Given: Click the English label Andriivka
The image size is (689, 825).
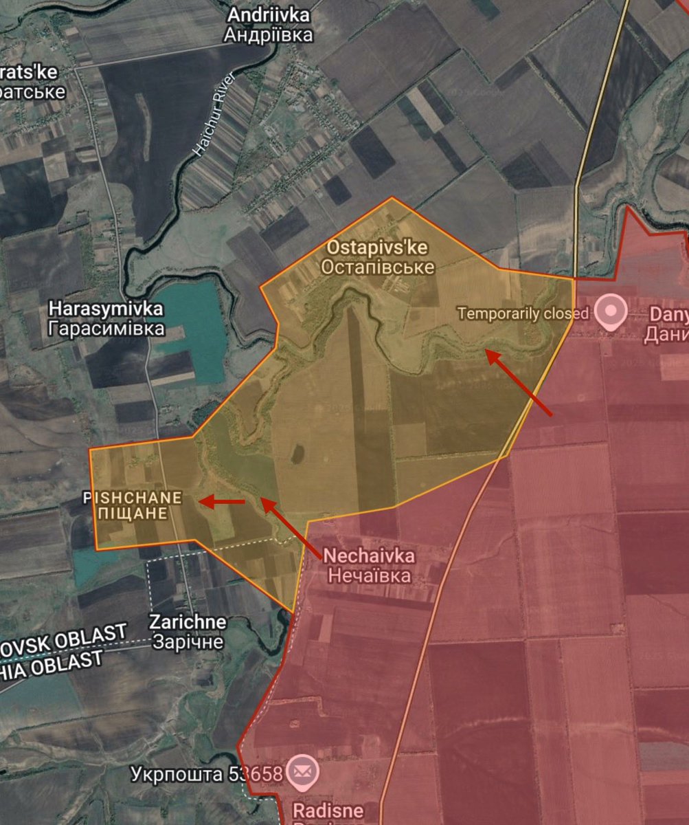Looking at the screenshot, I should (x=269, y=15).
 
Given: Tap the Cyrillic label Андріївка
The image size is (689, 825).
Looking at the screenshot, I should (x=269, y=35).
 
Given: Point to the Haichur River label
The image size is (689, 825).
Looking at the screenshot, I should (x=215, y=114).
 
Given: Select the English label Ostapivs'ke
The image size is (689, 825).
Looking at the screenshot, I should (x=379, y=247).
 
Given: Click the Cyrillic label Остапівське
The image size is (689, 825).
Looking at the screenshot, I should (x=380, y=267).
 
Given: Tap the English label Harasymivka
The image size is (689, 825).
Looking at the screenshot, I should (x=106, y=309).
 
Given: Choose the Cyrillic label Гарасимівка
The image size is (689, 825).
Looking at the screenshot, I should (x=106, y=329).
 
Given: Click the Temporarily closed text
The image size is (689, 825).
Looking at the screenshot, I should (x=523, y=313).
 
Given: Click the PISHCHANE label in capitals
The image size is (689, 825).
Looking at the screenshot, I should (x=133, y=497).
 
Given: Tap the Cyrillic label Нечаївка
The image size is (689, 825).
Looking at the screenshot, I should (x=369, y=575).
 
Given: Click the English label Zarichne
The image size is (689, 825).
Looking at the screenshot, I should (x=188, y=623).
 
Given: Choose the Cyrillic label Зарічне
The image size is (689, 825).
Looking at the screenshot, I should (x=188, y=642).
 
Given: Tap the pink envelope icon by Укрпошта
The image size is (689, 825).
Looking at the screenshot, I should (x=301, y=771).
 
